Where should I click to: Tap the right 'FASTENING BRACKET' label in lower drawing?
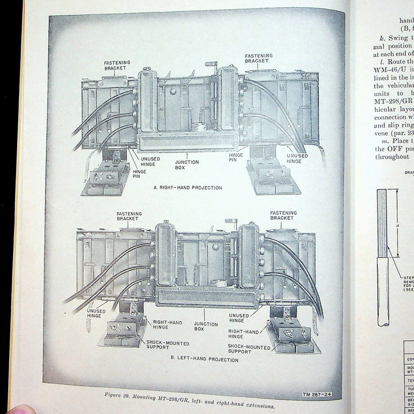pos(283,216)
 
